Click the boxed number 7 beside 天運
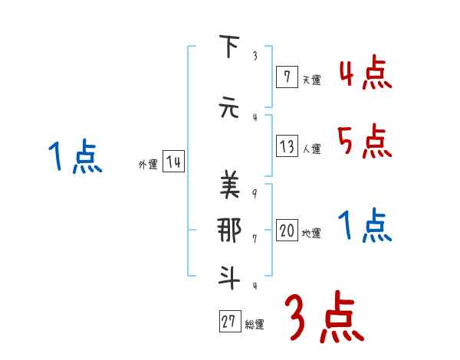pos(286,77)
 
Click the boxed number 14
pos(173,162)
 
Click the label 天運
pos(311,79)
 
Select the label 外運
pos(147,164)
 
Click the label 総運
pos(255,324)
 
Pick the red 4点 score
pos(365,74)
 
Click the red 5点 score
pos(365,141)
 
